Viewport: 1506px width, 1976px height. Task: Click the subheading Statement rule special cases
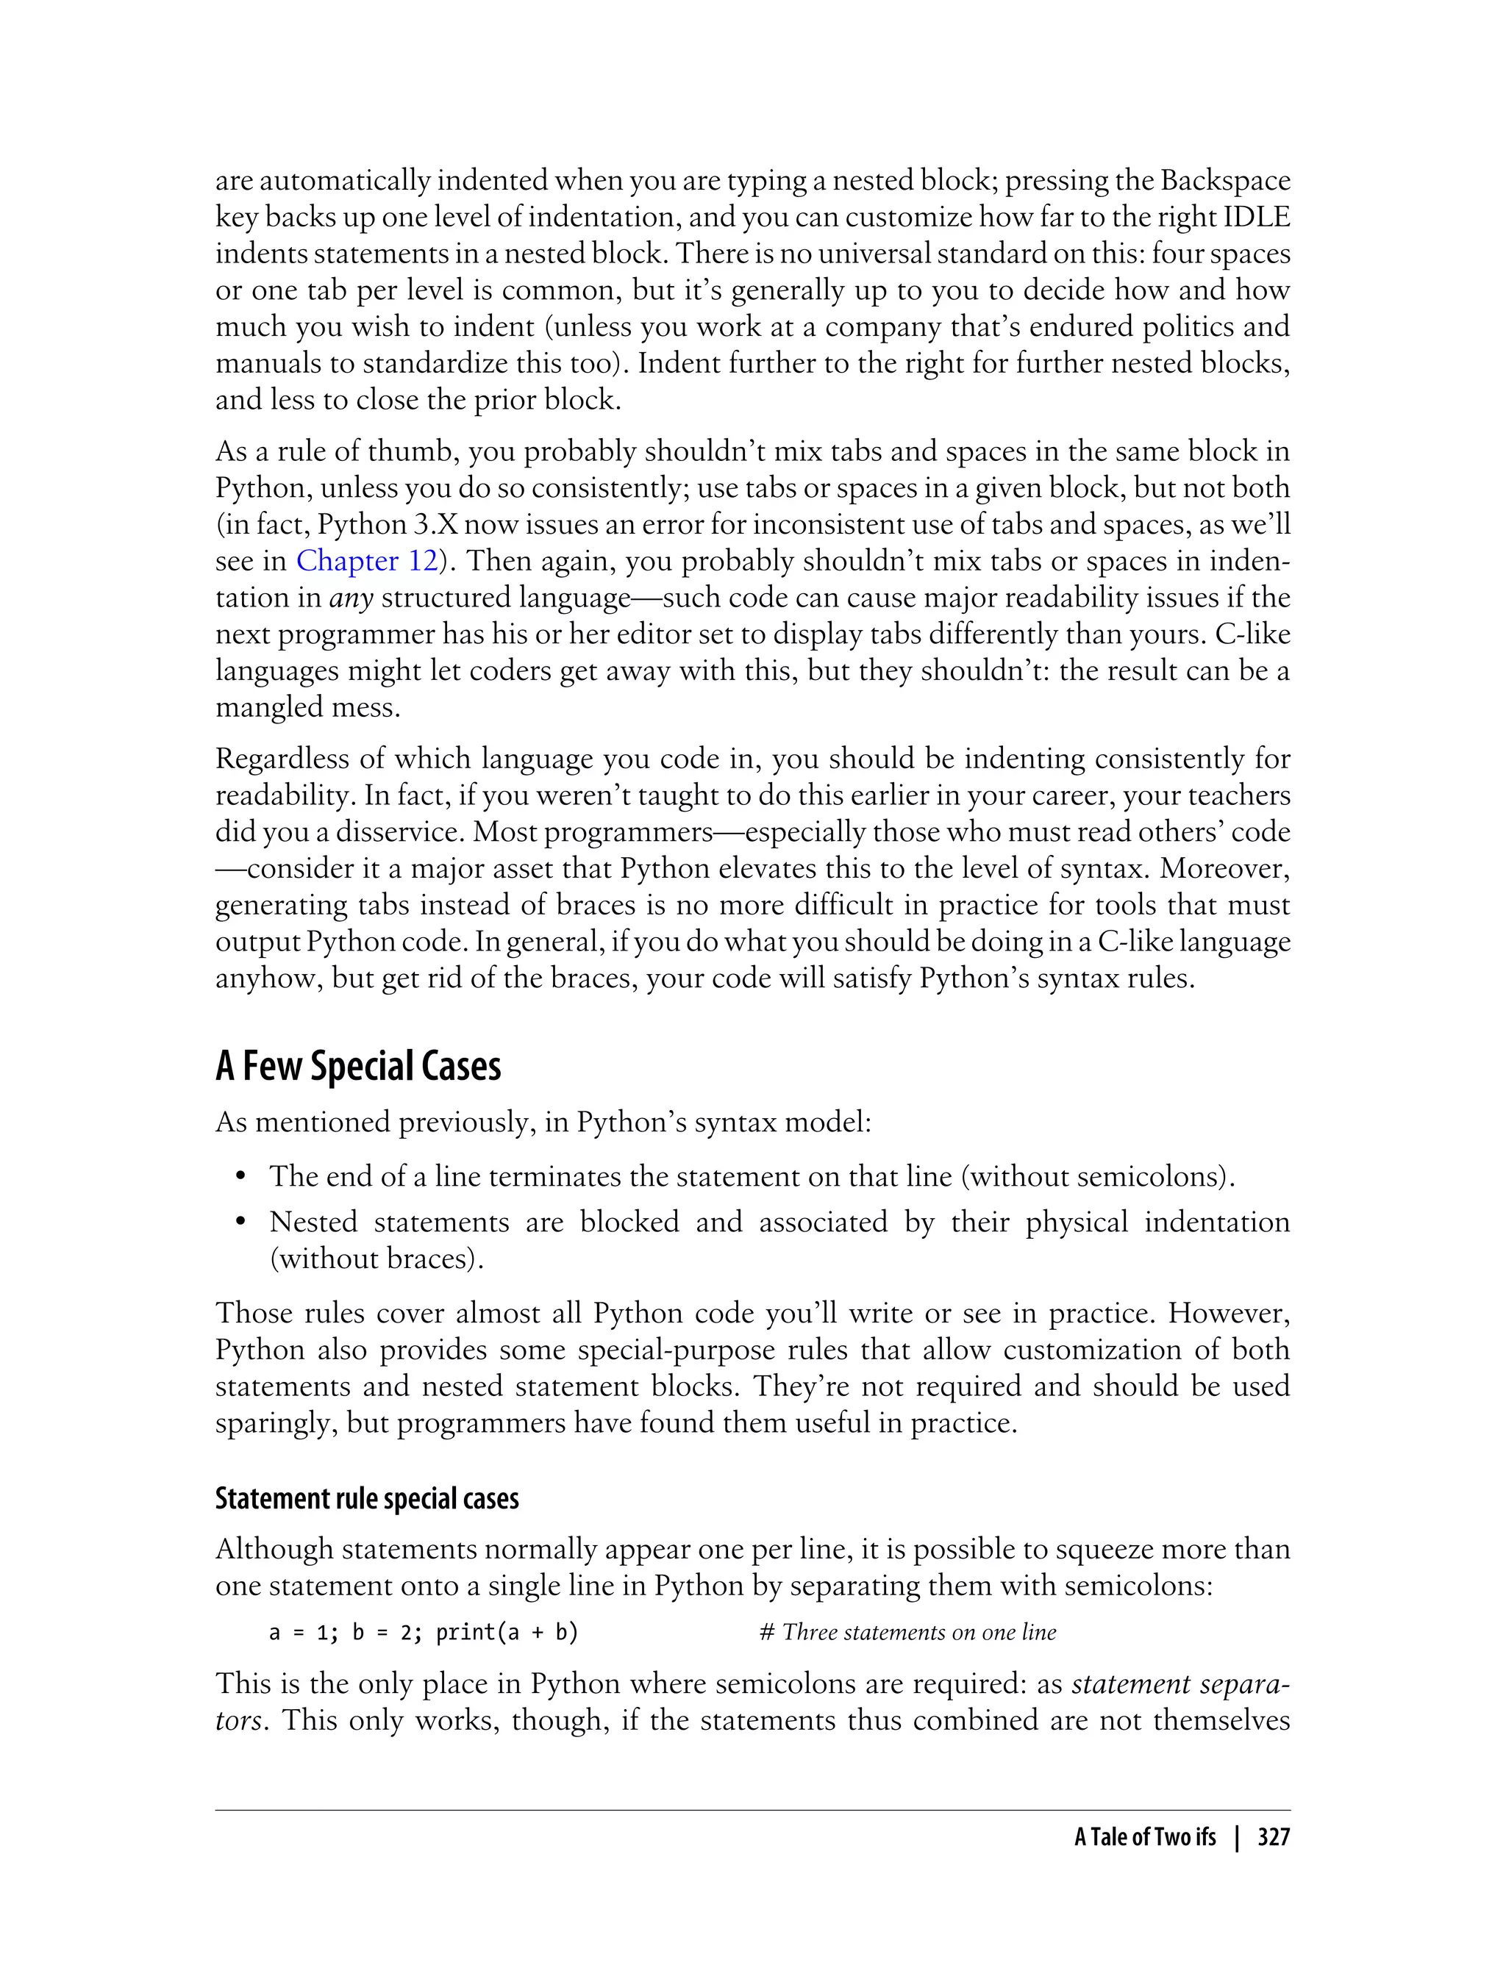click(367, 1499)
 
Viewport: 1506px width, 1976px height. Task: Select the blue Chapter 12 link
click(367, 561)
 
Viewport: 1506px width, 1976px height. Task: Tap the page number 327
click(1273, 1838)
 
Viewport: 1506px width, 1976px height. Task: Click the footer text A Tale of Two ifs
click(1145, 1838)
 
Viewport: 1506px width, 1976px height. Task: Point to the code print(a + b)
click(507, 1633)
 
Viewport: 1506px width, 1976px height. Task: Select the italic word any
click(351, 598)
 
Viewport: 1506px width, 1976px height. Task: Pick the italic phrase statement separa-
click(1180, 1685)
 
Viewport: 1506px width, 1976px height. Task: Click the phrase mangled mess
click(307, 708)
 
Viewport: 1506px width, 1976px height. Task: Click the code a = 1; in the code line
click(304, 1633)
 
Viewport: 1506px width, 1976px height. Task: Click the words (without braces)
click(376, 1260)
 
